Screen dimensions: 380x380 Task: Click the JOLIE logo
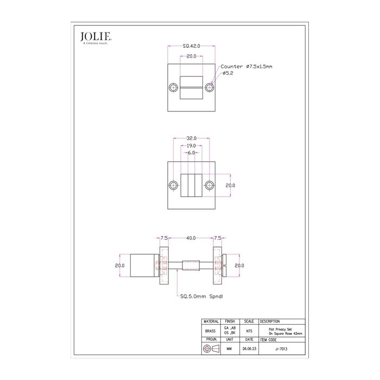96,37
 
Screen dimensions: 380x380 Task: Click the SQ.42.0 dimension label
191,47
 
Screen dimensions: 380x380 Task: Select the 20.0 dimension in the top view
191,56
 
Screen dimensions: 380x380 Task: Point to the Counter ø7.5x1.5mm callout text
246,66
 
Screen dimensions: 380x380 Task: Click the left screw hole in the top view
174,87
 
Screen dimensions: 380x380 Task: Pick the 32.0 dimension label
191,138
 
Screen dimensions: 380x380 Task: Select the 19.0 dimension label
191,146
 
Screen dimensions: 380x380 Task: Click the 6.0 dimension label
191,153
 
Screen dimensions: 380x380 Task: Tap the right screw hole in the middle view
208,185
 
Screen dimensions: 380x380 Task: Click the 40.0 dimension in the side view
191,238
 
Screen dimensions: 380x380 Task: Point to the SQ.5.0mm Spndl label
201,296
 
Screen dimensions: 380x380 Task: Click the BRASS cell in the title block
211,331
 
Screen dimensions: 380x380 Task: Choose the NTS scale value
249,331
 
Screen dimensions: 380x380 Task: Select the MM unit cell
230,350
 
